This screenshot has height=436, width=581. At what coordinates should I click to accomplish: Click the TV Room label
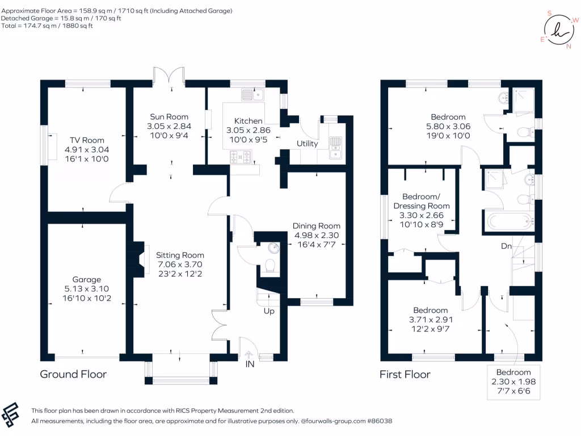87,140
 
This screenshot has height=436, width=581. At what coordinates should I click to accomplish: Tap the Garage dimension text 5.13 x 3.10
87,289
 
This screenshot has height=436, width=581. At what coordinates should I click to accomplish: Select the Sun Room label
169,117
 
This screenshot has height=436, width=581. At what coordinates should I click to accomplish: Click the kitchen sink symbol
252,95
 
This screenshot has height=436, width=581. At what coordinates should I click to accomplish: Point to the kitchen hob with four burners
241,157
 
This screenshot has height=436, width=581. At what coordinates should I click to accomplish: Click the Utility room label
307,144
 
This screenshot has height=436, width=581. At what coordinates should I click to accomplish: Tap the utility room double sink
335,148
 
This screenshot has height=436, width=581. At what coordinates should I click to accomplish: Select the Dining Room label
317,226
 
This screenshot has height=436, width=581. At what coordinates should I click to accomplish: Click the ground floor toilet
270,266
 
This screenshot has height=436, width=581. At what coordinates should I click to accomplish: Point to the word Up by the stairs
269,311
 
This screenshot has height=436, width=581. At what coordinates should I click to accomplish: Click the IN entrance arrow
249,355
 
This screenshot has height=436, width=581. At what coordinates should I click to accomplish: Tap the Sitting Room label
180,255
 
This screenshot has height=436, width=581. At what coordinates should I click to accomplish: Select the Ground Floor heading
73,374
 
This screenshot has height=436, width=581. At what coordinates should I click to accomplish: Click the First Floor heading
405,375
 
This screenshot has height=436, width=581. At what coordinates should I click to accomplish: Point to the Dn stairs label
506,246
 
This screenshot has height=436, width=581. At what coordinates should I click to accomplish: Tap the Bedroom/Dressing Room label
422,202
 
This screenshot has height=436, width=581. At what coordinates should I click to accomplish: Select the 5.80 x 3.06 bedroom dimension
448,127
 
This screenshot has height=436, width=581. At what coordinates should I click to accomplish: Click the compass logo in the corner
559,30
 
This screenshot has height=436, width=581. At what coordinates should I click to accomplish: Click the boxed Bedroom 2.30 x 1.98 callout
513,382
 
